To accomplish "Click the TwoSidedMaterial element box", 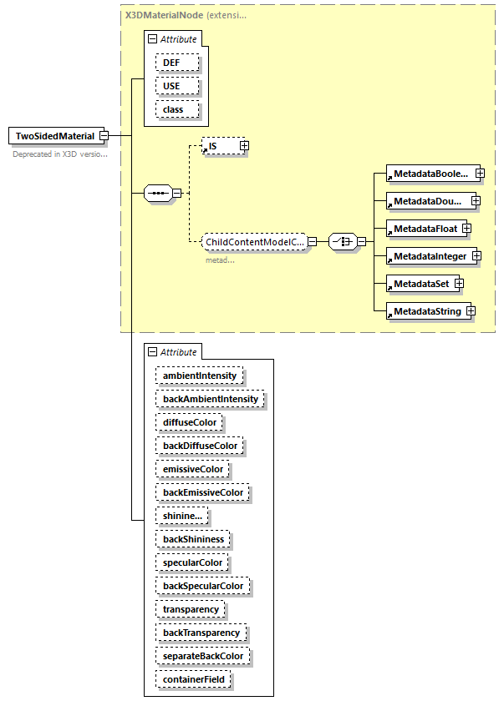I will coord(55,136).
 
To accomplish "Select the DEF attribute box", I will coord(176,63).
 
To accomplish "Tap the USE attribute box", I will coord(176,86).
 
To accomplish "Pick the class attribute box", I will coord(176,109).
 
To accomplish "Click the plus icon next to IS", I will coord(244,146).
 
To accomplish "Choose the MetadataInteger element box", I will coord(430,255).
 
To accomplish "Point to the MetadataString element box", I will coord(426,311).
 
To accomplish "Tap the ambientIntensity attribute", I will coord(200,376).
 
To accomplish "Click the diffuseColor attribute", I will coord(190,422).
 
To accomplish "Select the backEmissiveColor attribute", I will coord(203,492).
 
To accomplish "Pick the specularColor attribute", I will coord(192,562).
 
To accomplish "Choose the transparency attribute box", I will coord(191,609).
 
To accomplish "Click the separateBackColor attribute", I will coord(203,656).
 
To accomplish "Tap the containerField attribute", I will coord(193,679).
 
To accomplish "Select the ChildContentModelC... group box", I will coord(253,242).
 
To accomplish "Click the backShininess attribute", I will coord(193,539).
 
